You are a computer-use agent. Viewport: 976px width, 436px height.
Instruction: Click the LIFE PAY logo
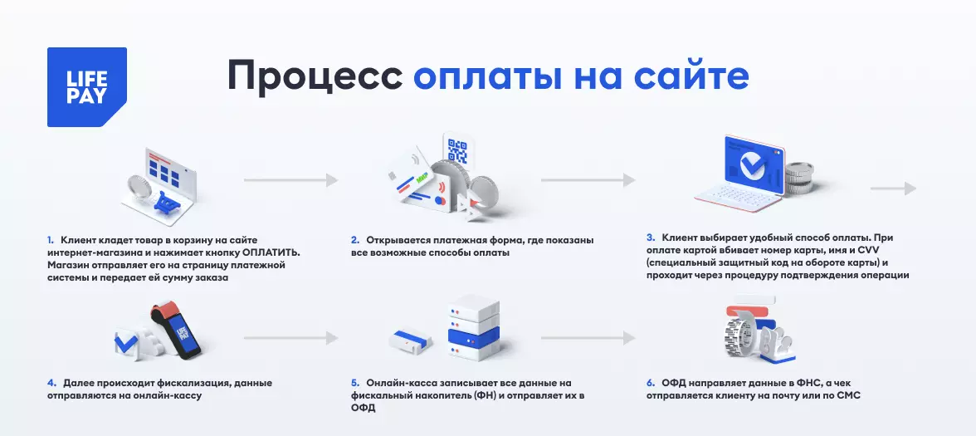[87, 87]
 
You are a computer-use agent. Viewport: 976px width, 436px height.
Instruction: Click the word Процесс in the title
[315, 76]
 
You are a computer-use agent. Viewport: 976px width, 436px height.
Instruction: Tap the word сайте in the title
[691, 76]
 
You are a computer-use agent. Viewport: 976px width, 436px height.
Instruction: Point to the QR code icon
[457, 149]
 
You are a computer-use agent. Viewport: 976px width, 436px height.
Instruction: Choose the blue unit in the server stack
[474, 337]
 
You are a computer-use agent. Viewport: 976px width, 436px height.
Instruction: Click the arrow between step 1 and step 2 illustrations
[290, 180]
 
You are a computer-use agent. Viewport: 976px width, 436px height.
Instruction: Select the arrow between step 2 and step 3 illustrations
[588, 180]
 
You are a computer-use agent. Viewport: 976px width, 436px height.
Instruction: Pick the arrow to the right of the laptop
[893, 188]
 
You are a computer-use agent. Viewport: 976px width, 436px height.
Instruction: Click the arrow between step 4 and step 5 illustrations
[290, 338]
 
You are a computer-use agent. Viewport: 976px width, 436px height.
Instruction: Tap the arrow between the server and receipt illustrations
[588, 338]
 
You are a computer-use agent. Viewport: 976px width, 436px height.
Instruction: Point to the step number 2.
[355, 240]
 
